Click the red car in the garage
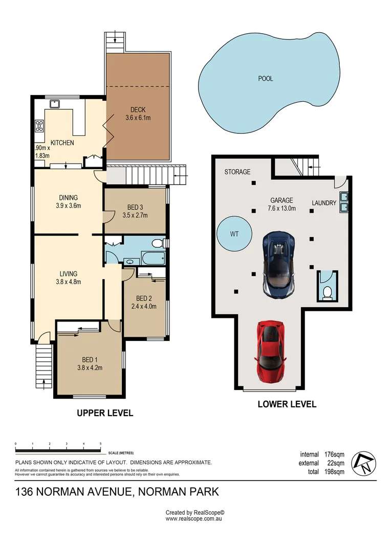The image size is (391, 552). click(x=270, y=351)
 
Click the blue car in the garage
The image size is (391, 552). click(x=280, y=264)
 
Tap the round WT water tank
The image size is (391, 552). click(x=234, y=234)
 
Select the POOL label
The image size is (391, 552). click(x=266, y=79)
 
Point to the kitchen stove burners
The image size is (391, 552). click(x=39, y=126)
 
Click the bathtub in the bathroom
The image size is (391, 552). click(x=153, y=258)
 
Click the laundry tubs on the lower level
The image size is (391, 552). click(x=344, y=202)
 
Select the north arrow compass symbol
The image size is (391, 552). click(x=365, y=464)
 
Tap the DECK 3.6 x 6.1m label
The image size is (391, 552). click(x=138, y=113)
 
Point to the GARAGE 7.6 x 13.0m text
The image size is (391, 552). click(x=281, y=204)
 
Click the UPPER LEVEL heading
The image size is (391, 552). click(x=105, y=413)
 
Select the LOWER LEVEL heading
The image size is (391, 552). click(x=287, y=404)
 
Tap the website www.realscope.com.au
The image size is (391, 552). click(x=193, y=519)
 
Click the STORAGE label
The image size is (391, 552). click(x=237, y=172)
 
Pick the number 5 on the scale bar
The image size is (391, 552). click(x=100, y=444)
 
